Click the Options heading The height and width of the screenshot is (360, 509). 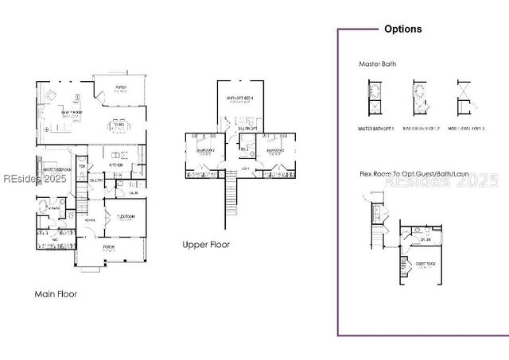[402, 29]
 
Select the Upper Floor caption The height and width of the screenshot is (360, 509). [206, 245]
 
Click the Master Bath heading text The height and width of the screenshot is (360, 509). [378, 64]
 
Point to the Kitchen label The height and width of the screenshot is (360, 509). [115, 165]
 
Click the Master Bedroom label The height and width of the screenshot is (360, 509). [57, 170]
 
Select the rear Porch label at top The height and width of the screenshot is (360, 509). [121, 88]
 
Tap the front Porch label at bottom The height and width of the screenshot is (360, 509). [108, 247]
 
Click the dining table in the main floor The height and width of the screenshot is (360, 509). [119, 126]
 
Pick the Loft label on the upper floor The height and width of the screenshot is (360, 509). [245, 168]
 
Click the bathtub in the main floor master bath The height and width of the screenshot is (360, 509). [42, 207]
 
